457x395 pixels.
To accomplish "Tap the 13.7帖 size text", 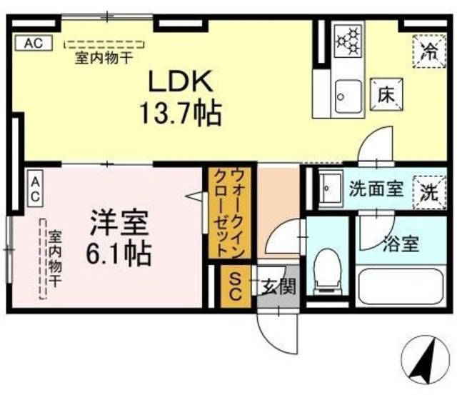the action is [181, 114].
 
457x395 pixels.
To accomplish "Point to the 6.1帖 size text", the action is [119, 254].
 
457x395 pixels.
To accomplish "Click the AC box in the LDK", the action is [34, 43].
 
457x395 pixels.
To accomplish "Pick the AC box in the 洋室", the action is [36, 189].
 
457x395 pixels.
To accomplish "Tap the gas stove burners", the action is [349, 41].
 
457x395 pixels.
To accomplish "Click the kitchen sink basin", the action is [348, 96].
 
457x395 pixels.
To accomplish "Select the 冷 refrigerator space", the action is [430, 51].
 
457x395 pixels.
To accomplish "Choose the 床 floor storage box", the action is [386, 94].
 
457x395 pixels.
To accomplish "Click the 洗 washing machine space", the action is [430, 192].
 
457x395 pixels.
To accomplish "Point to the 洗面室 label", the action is [376, 189].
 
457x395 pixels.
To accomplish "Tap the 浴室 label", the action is [401, 244].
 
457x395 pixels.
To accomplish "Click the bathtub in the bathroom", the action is [401, 286].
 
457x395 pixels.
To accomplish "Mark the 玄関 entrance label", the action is [278, 286].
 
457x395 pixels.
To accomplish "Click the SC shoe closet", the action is [235, 286].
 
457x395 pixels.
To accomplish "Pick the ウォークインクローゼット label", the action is [228, 213].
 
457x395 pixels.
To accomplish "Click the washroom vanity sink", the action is [331, 188].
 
